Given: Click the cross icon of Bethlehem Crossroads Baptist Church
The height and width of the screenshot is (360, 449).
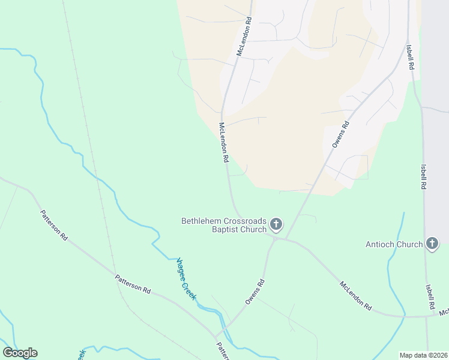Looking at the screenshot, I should pyautogui.click(x=276, y=225).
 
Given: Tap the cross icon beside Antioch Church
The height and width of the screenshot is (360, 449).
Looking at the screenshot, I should pyautogui.click(x=432, y=244).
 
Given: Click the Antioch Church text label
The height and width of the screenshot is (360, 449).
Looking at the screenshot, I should pyautogui.click(x=394, y=244).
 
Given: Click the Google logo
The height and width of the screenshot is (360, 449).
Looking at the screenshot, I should pyautogui.click(x=20, y=353).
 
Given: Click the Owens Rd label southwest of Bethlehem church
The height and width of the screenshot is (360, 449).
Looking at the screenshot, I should pyautogui.click(x=255, y=292).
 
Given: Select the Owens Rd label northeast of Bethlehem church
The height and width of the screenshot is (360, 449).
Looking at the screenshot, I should pyautogui.click(x=340, y=136).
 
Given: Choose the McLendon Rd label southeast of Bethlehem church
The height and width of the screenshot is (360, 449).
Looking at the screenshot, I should pyautogui.click(x=355, y=296).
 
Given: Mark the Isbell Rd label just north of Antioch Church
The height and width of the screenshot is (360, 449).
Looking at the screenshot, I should pyautogui.click(x=423, y=177).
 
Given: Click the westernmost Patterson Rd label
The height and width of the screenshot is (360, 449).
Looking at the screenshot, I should pyautogui.click(x=54, y=225).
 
